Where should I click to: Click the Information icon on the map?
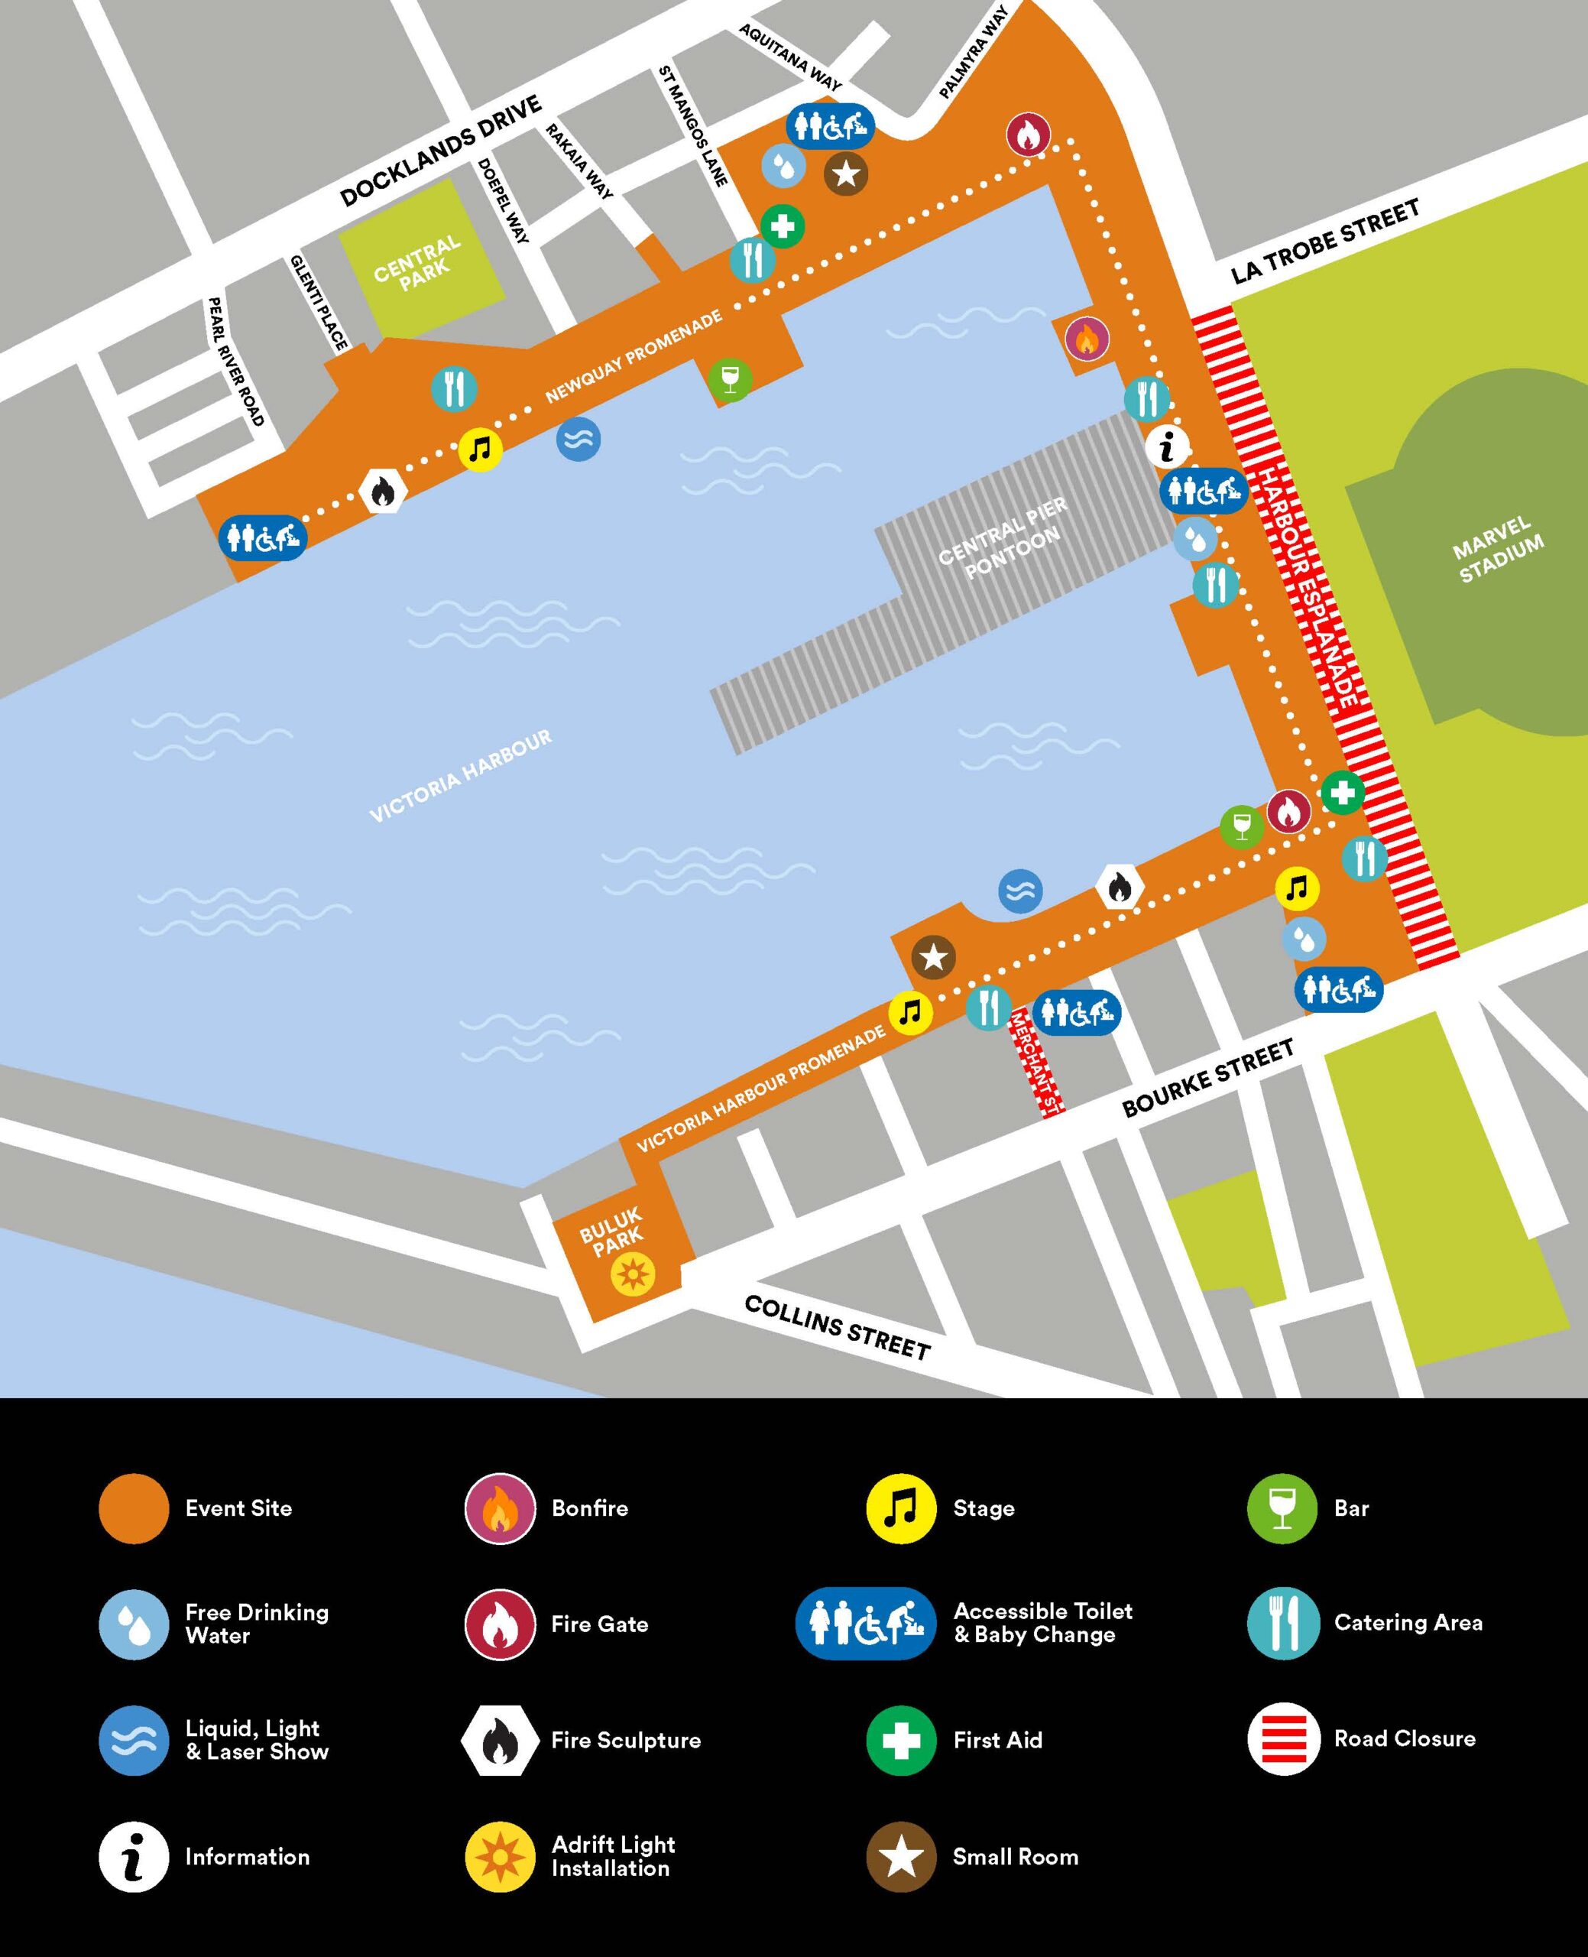coord(1167,447)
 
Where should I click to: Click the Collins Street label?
coord(836,1326)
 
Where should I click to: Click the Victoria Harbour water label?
coord(460,776)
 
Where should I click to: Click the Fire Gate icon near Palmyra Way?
coord(1027,135)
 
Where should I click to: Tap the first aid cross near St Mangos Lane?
coord(782,225)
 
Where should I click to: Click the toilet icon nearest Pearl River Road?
coord(264,537)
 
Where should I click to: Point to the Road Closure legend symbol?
coord(1282,1738)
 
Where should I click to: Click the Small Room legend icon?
coord(901,1856)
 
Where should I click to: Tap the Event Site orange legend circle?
coord(134,1509)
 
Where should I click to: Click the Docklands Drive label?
coord(441,152)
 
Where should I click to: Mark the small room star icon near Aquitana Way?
coord(846,173)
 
